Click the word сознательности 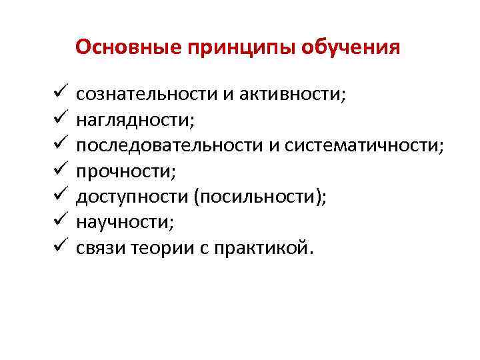(147, 95)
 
